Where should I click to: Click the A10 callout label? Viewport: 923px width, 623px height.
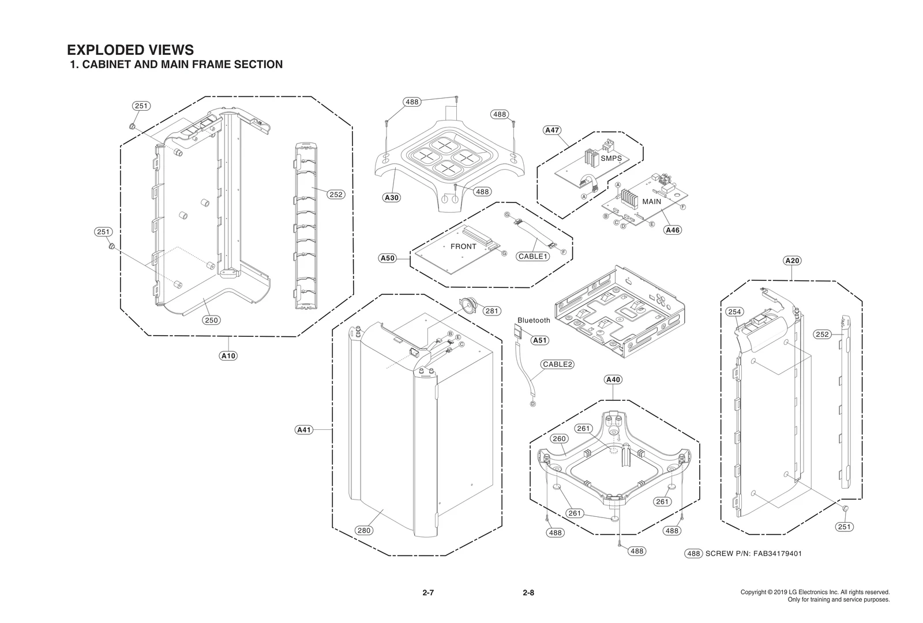pos(228,356)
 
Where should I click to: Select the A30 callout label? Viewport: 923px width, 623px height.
pos(392,198)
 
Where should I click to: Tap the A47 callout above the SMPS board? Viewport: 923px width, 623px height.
pos(552,130)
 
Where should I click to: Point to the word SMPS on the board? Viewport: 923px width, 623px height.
pos(611,158)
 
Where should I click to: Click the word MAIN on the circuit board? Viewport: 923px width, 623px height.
pos(651,202)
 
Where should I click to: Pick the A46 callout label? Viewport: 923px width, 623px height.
pos(673,230)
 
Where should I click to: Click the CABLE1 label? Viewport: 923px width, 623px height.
pos(532,256)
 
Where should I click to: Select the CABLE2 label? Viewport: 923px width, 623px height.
pos(557,365)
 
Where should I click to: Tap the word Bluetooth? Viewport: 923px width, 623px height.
pos(534,320)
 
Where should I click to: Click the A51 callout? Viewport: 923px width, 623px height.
pos(539,340)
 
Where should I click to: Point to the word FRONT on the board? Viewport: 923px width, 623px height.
pos(463,246)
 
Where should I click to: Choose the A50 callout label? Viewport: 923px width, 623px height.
pos(388,258)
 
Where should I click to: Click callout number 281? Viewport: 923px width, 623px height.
pos(491,311)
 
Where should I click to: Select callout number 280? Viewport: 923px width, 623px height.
pos(363,531)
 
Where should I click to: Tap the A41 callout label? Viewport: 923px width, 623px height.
pos(304,430)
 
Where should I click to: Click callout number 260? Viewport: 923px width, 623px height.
pos(559,438)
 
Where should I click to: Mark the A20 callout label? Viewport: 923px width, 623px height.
pos(793,261)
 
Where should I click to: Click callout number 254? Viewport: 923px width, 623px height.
pos(734,312)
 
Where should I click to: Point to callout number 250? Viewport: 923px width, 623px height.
pos(212,320)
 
